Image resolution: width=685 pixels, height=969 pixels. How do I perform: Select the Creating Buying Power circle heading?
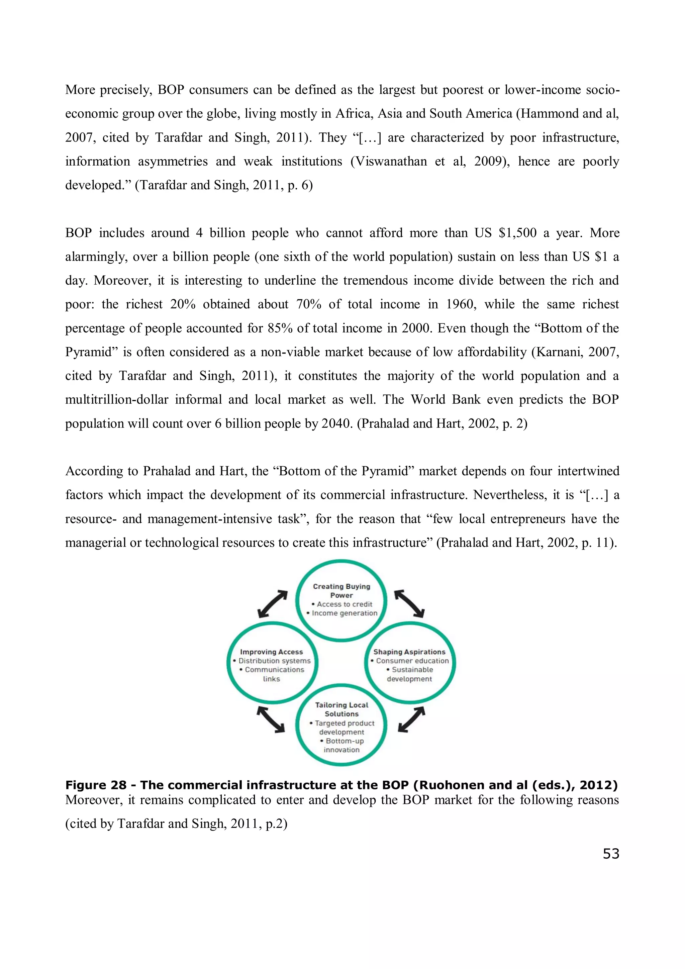pyautogui.click(x=341, y=591)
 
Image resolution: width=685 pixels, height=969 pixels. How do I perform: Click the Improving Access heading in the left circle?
pyautogui.click(x=271, y=652)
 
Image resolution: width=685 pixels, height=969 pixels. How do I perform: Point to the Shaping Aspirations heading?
pyautogui.click(x=409, y=652)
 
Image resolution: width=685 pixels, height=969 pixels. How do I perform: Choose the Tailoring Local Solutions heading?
pyautogui.click(x=341, y=709)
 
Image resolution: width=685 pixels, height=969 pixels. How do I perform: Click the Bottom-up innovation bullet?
pyautogui.click(x=342, y=745)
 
